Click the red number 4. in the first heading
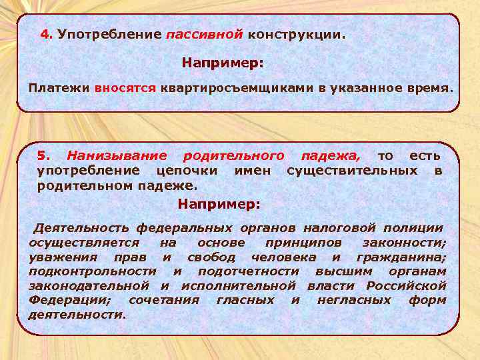[x=47, y=33]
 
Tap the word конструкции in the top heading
[x=296, y=34]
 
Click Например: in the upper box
[x=223, y=63]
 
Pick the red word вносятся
[x=125, y=88]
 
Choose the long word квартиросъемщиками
[x=229, y=88]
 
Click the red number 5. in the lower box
[x=43, y=156]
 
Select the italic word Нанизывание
[x=117, y=156]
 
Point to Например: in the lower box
[x=219, y=203]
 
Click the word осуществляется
[x=84, y=243]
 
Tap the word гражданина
[x=401, y=257]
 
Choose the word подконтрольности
[x=93, y=271]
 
